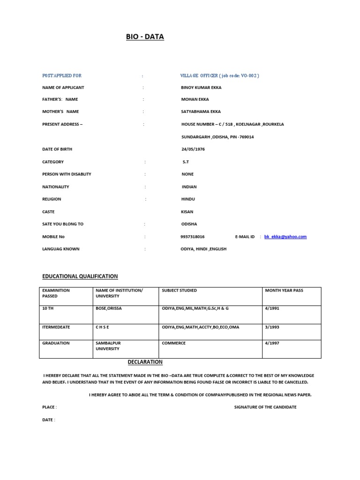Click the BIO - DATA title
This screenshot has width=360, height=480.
(x=145, y=37)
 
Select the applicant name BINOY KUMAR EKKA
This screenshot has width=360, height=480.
(x=201, y=88)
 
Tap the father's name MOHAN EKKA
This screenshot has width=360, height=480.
(x=195, y=99)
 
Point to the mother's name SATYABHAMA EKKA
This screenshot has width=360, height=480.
(x=201, y=112)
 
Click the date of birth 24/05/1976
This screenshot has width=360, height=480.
(x=193, y=149)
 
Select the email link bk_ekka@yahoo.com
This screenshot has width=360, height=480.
(x=285, y=237)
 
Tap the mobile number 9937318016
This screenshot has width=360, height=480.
(x=193, y=237)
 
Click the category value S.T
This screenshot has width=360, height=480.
(x=186, y=162)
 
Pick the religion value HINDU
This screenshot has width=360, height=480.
(x=189, y=199)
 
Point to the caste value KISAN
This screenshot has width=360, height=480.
(x=187, y=212)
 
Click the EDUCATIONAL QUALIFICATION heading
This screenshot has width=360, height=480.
(x=80, y=277)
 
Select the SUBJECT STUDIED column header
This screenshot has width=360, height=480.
(x=179, y=291)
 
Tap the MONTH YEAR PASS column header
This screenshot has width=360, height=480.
(x=284, y=291)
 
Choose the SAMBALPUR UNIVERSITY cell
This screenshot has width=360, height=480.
(x=108, y=346)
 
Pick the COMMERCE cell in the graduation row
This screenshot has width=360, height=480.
(x=173, y=343)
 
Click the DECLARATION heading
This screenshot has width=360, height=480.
(x=145, y=362)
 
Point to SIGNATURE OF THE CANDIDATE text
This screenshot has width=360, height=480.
(x=265, y=407)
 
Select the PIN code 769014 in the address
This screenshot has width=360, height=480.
(x=246, y=137)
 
